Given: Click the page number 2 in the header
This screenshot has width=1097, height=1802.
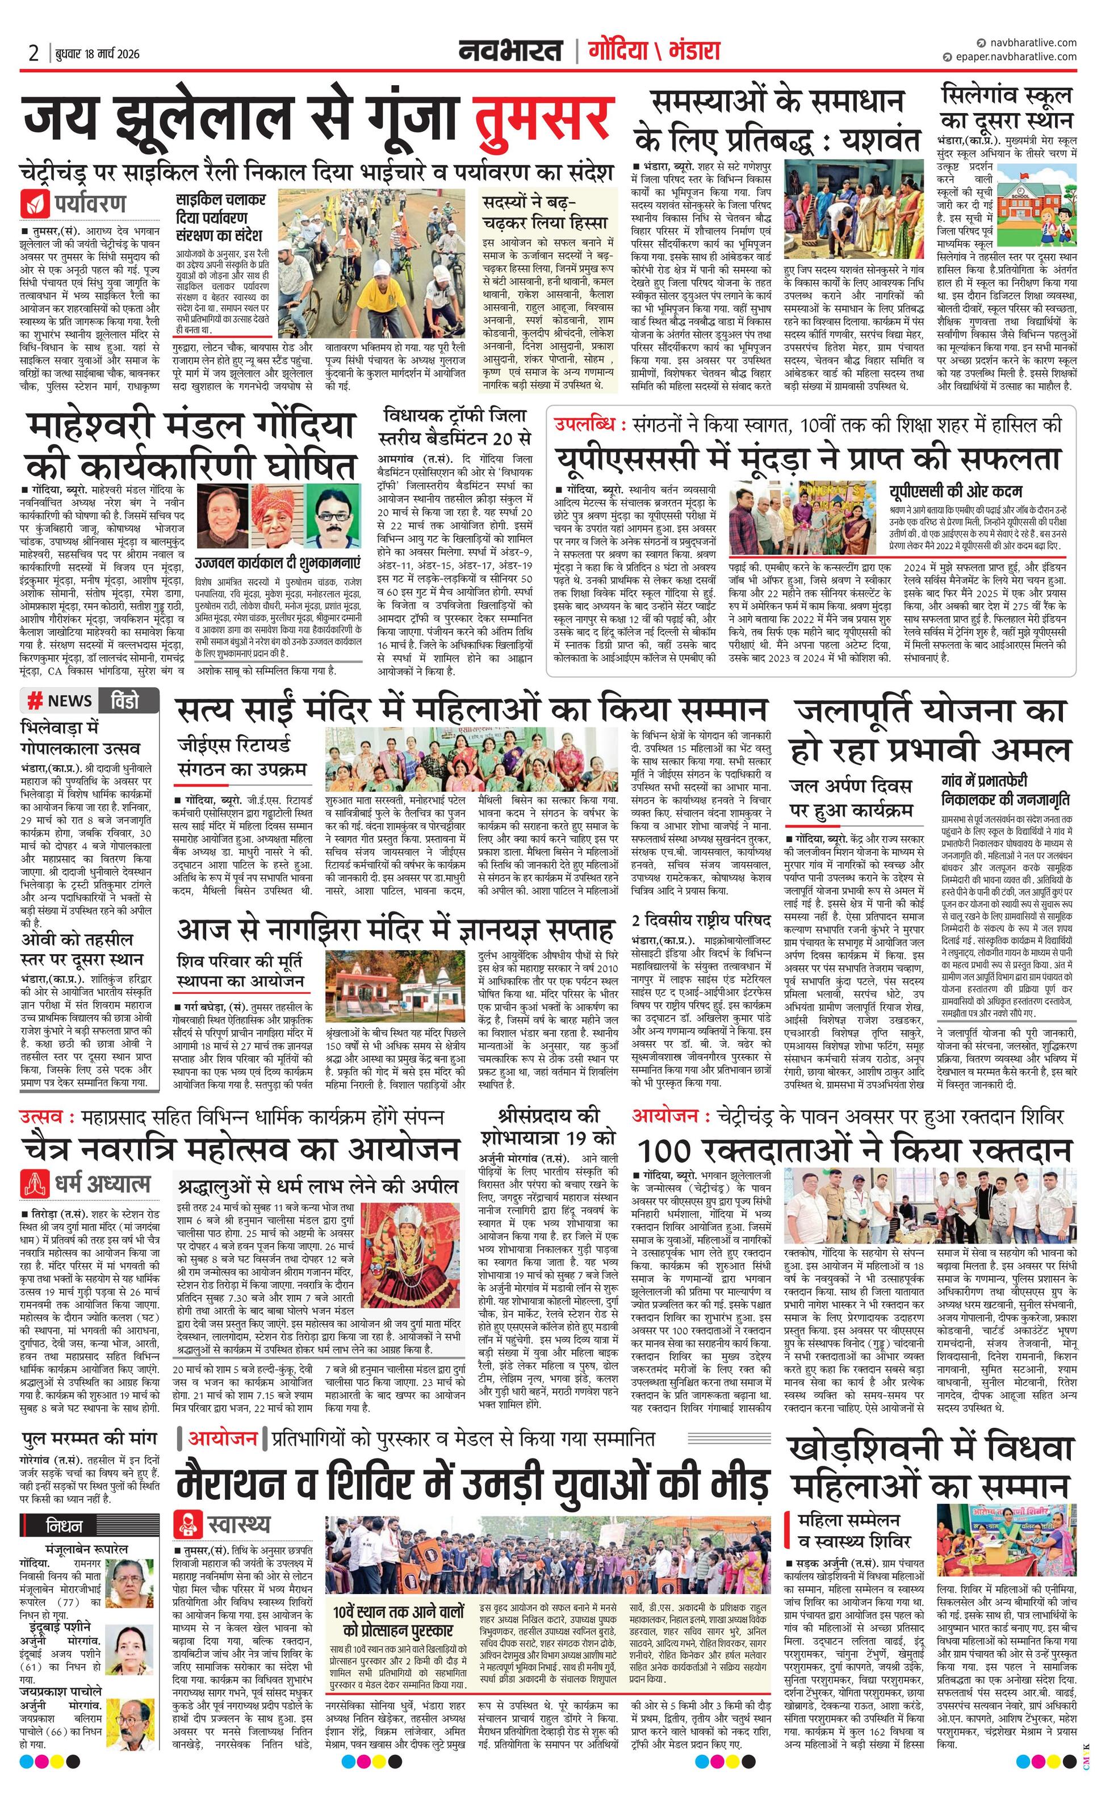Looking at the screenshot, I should coord(33,53).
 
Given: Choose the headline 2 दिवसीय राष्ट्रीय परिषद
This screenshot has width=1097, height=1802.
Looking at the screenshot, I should coord(701,920).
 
